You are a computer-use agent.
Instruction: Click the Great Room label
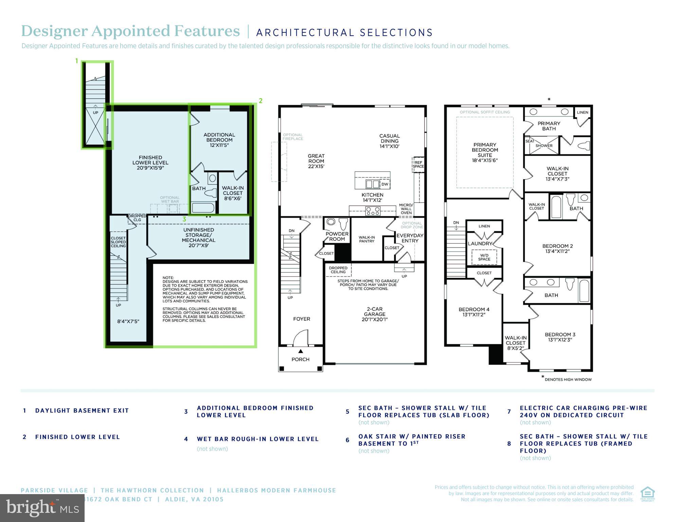pyautogui.click(x=316, y=161)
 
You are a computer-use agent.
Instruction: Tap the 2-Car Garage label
pyautogui.click(x=374, y=314)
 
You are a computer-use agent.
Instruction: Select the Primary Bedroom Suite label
pyautogui.click(x=484, y=152)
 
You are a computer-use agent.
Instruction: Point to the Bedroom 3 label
pyautogui.click(x=560, y=337)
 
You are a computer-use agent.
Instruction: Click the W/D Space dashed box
pyautogui.click(x=484, y=257)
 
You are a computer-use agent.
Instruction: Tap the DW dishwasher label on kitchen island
pyautogui.click(x=385, y=184)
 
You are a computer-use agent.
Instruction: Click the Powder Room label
pyautogui.click(x=337, y=236)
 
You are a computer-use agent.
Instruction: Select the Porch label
pyautogui.click(x=300, y=359)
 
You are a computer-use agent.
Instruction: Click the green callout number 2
pyautogui.click(x=261, y=101)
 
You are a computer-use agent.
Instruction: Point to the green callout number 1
pyautogui.click(x=77, y=61)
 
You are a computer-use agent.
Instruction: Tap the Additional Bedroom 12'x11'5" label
pyautogui.click(x=219, y=140)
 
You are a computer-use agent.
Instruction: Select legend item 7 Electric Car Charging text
pyautogui.click(x=583, y=411)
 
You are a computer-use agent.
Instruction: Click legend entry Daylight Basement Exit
pyautogui.click(x=82, y=411)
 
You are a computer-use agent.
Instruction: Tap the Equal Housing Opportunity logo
pyautogui.click(x=647, y=494)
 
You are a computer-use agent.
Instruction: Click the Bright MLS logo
pyautogui.click(x=42, y=508)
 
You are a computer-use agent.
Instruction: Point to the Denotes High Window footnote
pyautogui.click(x=567, y=380)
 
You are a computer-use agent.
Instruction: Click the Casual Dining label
pyautogui.click(x=389, y=141)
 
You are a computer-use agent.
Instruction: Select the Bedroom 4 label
pyautogui.click(x=474, y=312)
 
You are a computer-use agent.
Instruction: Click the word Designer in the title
pyautogui.click(x=54, y=31)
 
